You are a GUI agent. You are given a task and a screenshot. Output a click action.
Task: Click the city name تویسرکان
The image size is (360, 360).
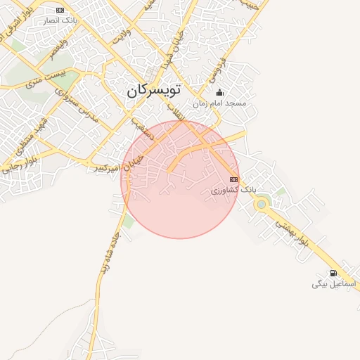pyautogui.click(x=154, y=91)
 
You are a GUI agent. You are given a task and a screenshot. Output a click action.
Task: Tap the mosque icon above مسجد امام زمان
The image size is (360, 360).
pyautogui.click(x=219, y=92)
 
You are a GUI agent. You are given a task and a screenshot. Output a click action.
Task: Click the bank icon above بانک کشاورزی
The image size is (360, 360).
pyautogui.click(x=234, y=180)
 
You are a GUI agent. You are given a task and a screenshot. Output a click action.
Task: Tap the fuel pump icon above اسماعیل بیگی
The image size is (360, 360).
pyautogui.click(x=333, y=273)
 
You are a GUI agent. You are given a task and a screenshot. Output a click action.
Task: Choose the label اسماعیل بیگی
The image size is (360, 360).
pyautogui.click(x=335, y=284)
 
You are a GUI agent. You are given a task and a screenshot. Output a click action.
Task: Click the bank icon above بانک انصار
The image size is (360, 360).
pyautogui.click(x=60, y=10)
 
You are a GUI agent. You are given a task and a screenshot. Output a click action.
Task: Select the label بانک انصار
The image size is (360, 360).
pyautogui.click(x=61, y=20)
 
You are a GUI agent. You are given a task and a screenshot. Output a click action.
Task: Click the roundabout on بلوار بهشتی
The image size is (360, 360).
pyautogui.click(x=262, y=205)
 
